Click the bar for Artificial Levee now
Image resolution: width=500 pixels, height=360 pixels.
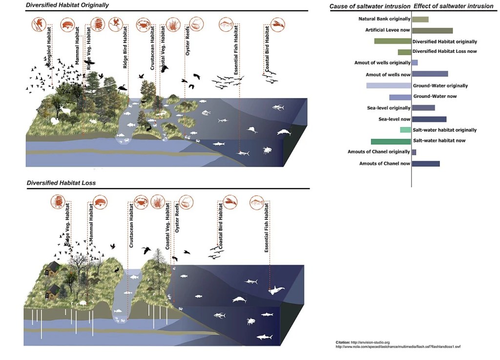coord(432,31)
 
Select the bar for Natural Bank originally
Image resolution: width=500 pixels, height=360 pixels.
coord(420,20)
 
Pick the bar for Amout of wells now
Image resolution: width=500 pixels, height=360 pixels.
coord(430,74)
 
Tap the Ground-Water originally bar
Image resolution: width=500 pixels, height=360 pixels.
coord(389,85)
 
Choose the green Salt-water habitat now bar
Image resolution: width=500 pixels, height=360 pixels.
coord(391,141)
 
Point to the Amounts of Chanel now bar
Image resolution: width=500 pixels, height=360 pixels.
coord(426,164)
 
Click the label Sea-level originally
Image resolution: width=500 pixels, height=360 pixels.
coord(389,108)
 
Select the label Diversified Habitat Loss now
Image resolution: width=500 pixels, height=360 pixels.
coord(445,51)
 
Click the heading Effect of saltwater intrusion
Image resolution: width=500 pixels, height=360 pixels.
coord(454,6)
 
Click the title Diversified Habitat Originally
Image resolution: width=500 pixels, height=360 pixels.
coord(68,5)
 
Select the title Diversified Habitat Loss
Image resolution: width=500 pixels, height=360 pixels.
coord(61,183)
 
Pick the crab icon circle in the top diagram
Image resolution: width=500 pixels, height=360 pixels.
coord(143,24)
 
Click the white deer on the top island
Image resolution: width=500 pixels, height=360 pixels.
coord(65,111)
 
